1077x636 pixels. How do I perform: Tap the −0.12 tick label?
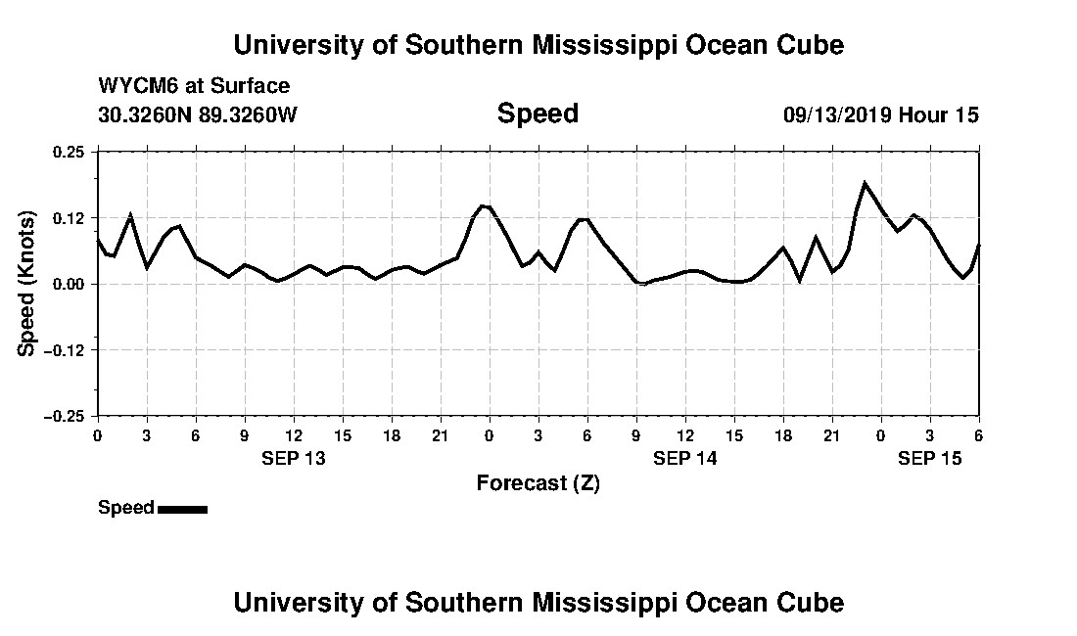coord(67,349)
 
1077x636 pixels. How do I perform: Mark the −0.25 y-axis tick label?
coord(67,416)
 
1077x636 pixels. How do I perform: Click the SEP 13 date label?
coord(294,458)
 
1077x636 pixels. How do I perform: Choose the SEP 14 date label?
coord(685,458)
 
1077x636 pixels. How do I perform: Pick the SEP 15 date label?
coord(930,458)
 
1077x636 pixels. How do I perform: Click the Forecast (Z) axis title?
coord(538,483)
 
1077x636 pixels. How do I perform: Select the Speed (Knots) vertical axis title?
coord(27,284)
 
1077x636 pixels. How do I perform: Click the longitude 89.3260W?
coord(249,114)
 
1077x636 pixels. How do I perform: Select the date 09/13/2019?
coord(837,114)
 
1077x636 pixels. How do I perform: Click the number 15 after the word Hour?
coord(966,114)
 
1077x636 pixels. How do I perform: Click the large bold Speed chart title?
coord(538,114)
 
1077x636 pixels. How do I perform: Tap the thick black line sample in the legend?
coord(182,509)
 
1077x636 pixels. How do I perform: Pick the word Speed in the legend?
coord(126,508)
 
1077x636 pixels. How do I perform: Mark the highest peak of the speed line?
coord(865,183)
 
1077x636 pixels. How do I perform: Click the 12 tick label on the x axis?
coord(685,435)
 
